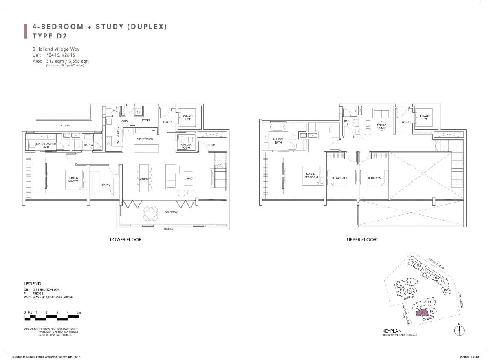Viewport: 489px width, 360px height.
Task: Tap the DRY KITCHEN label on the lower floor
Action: (x=145, y=139)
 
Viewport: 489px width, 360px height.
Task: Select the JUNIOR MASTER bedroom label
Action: (x=73, y=179)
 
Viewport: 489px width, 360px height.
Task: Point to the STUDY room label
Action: (x=106, y=186)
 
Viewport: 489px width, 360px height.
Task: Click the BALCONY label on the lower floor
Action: (x=171, y=212)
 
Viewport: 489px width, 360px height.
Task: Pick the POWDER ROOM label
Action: (x=185, y=146)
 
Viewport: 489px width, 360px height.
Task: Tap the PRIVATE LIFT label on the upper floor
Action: (x=425, y=118)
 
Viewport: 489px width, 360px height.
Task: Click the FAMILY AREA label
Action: (x=381, y=126)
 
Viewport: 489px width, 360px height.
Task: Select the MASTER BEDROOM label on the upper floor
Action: (x=311, y=176)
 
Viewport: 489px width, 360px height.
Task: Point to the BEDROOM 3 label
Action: (x=376, y=178)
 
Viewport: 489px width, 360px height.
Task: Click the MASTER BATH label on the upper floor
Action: (x=278, y=141)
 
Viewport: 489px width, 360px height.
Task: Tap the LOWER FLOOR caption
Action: (x=126, y=239)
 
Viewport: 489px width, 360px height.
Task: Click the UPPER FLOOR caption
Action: (x=361, y=239)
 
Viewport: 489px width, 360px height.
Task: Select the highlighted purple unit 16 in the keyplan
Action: (x=423, y=313)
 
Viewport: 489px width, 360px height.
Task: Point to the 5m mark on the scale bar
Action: (x=79, y=312)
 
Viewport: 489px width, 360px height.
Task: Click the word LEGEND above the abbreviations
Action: (x=32, y=283)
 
